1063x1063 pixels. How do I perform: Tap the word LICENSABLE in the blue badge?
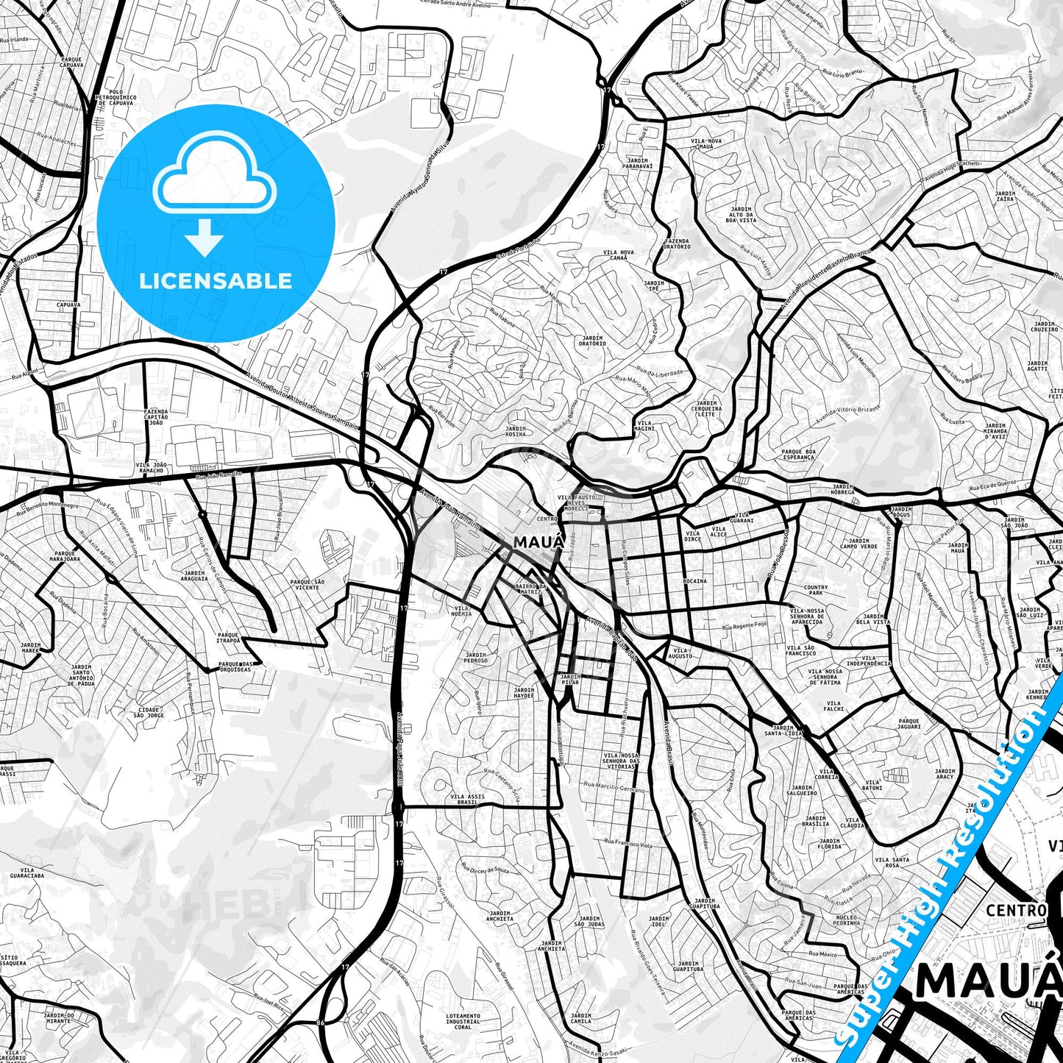216,280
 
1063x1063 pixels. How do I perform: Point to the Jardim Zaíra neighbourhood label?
1005,196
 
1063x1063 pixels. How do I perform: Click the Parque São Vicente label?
307,584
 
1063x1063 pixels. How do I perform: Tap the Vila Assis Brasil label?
467,800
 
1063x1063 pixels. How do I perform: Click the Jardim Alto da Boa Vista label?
741,214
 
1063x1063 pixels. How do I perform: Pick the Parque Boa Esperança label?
798,454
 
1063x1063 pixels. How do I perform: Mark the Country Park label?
816,590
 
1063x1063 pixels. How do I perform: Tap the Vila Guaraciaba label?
27,873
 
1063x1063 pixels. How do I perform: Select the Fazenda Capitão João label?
156,417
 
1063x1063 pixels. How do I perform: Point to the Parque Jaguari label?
909,724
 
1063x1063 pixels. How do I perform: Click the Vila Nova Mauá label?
706,143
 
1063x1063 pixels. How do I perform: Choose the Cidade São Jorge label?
150,712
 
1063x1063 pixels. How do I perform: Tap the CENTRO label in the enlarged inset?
1016,911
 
